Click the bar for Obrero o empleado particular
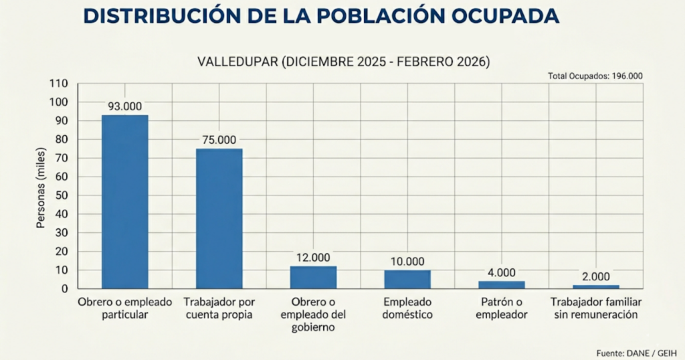[x=125, y=201]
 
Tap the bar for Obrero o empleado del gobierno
[x=313, y=277]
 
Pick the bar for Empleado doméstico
[x=407, y=279]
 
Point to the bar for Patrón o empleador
[x=502, y=285]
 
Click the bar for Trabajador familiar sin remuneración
[x=595, y=286]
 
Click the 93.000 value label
[x=125, y=106]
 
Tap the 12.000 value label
[x=313, y=257]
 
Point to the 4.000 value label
[x=502, y=272]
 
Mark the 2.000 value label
[x=595, y=276]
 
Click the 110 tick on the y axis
[x=60, y=84]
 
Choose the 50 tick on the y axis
[x=62, y=195]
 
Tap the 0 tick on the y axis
[x=65, y=289]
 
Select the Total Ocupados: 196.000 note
[x=595, y=76]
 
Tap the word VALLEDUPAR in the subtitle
[x=237, y=62]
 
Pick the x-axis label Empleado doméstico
[x=407, y=308]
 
